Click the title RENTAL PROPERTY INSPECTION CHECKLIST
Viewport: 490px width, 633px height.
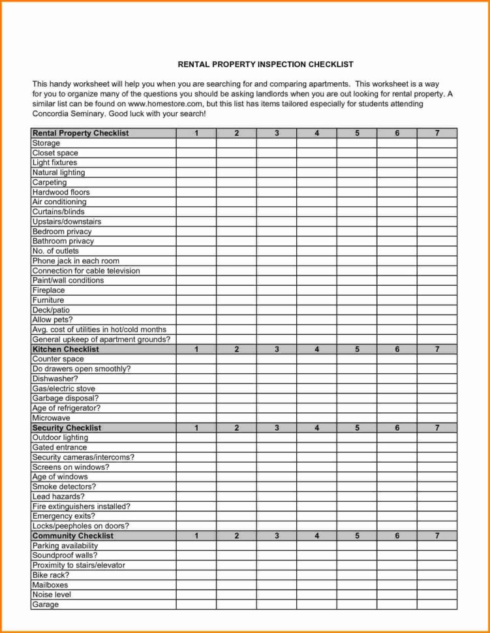(x=266, y=65)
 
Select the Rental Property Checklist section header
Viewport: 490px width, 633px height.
(x=80, y=133)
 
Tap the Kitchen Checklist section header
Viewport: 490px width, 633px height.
(x=66, y=349)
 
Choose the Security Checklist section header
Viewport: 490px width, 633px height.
(x=67, y=428)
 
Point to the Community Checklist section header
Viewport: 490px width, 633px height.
(x=73, y=536)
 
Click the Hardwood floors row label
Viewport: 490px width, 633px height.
(x=61, y=193)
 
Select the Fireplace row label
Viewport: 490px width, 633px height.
(x=49, y=290)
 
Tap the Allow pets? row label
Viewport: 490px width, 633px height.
(x=52, y=320)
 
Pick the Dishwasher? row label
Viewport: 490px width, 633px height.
(x=55, y=378)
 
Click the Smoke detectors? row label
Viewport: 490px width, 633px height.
(x=65, y=487)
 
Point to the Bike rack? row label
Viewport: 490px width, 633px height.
(x=51, y=576)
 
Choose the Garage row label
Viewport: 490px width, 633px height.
(x=46, y=605)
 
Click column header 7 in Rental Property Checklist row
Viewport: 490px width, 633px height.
(x=437, y=133)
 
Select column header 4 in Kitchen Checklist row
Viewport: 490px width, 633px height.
(x=316, y=349)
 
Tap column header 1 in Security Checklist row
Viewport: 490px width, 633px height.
(x=196, y=428)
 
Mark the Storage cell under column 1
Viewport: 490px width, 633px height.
(x=196, y=143)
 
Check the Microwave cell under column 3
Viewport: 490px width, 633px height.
(x=276, y=418)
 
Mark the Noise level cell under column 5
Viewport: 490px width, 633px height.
(x=357, y=595)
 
